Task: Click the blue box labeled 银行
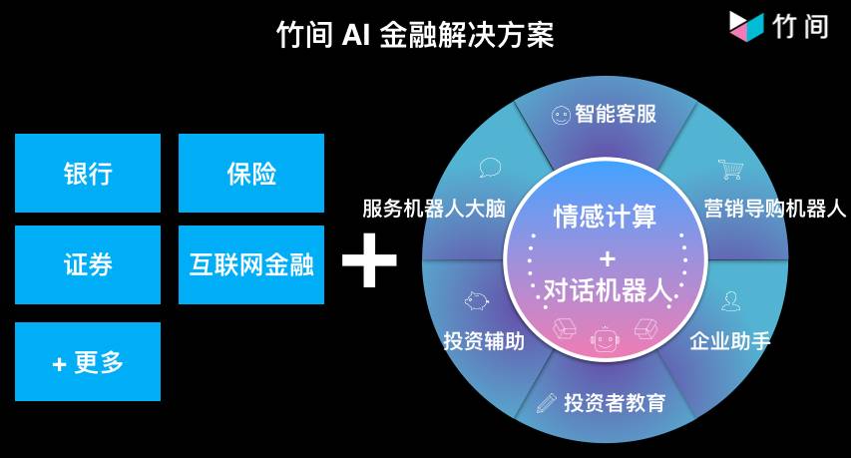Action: (x=88, y=173)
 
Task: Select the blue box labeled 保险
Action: (x=251, y=173)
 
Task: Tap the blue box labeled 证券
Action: (x=88, y=264)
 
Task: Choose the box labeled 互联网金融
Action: (x=251, y=264)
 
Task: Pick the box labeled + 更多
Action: (x=88, y=361)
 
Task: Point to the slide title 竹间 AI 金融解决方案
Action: (x=414, y=35)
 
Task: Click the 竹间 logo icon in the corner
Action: (x=746, y=25)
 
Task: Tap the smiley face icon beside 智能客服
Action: (x=561, y=115)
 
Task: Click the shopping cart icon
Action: (x=730, y=170)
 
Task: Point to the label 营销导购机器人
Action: (x=774, y=209)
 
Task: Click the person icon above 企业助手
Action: (x=731, y=301)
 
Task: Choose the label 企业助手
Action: (x=730, y=341)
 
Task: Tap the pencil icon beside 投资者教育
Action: (x=546, y=403)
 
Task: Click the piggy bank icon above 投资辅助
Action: (x=477, y=301)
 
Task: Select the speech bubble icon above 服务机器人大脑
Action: (x=490, y=168)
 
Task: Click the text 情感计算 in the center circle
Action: (x=606, y=215)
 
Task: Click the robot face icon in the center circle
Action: (x=605, y=341)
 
